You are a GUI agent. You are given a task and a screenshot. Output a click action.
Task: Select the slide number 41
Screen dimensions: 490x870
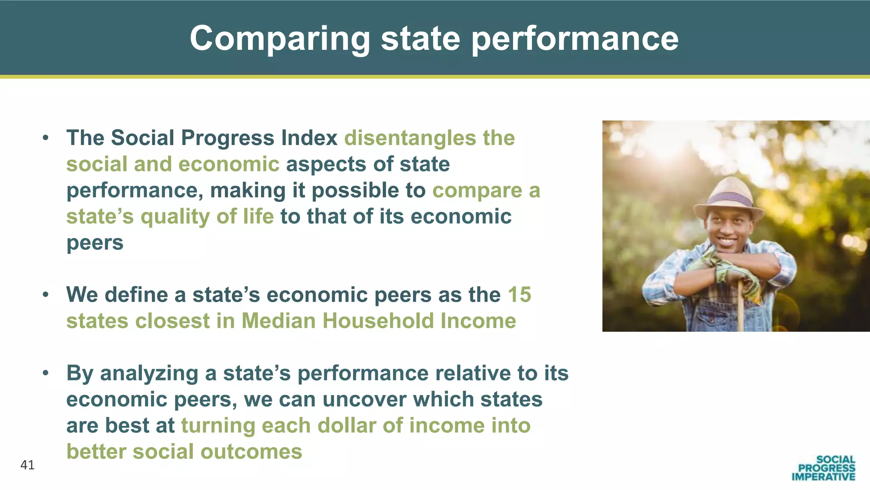click(x=28, y=465)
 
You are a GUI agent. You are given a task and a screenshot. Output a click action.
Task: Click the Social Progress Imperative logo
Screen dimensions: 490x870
click(x=823, y=468)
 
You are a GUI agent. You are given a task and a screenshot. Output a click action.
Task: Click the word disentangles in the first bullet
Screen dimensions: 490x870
click(x=410, y=138)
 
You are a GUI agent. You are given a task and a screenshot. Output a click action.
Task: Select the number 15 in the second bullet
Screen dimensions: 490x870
click(x=519, y=294)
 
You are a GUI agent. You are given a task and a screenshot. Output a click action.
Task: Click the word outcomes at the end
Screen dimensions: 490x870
click(x=251, y=451)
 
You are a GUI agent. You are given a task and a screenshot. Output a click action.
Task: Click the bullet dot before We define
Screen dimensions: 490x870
click(x=46, y=294)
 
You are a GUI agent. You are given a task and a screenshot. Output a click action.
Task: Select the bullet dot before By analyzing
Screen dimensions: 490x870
click(x=46, y=373)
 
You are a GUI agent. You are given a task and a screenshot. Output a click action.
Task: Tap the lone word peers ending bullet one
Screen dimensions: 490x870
click(x=95, y=243)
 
